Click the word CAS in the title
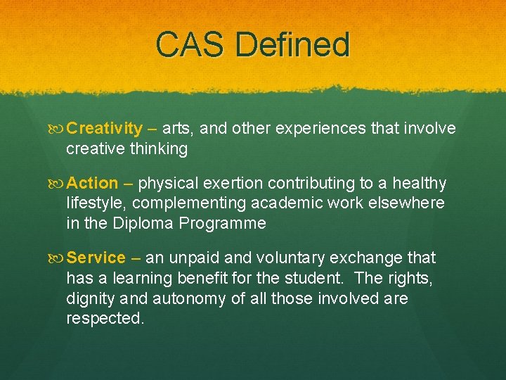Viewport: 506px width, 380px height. (191, 44)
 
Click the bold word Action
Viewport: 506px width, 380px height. (93, 184)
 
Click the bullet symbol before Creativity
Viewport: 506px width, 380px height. (57, 129)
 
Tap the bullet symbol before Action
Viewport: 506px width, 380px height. (57, 184)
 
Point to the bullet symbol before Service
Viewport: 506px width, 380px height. (57, 258)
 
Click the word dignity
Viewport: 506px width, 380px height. (91, 298)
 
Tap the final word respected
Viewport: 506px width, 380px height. (105, 318)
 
